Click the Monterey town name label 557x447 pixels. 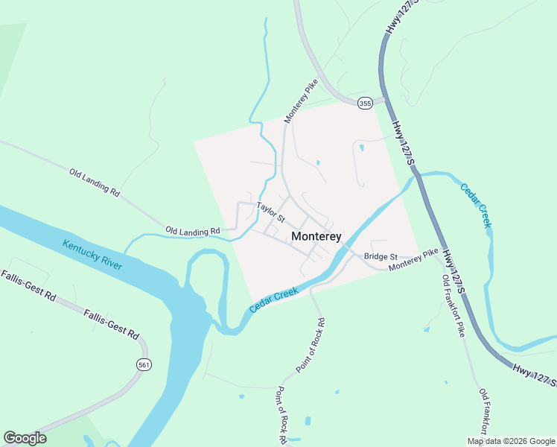(316, 236)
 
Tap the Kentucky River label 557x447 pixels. (92, 255)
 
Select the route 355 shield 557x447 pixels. (364, 103)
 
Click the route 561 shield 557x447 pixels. (144, 364)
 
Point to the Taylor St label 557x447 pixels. (271, 212)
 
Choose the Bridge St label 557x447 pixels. (381, 256)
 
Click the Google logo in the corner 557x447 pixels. (25, 437)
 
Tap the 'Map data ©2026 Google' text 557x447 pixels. (511, 441)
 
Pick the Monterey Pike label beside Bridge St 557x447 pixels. (414, 260)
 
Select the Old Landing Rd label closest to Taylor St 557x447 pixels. (193, 232)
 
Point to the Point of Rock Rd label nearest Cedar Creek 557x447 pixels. (311, 345)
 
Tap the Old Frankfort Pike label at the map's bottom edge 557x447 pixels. (485, 412)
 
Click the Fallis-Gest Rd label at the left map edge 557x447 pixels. (28, 286)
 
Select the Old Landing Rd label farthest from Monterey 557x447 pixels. (95, 182)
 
